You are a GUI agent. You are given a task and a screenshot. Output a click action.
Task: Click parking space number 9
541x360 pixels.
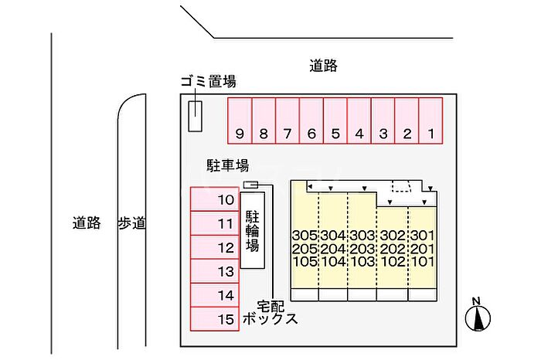pos(240,121)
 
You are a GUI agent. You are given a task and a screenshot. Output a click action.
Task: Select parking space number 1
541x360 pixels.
pos(430,121)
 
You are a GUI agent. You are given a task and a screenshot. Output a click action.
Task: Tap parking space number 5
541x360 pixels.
pos(335,121)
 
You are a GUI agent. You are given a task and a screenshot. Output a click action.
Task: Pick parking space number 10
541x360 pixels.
pos(215,199)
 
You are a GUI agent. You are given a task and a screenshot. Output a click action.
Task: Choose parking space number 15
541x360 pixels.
pos(215,319)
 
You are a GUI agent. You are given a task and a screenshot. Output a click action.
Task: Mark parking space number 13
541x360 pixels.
pos(215,271)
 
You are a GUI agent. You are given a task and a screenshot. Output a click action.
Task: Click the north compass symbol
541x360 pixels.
pos(478,315)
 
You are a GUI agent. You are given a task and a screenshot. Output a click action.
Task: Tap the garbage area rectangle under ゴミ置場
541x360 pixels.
pos(195,116)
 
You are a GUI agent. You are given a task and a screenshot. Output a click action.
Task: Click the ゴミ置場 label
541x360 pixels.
pos(209,82)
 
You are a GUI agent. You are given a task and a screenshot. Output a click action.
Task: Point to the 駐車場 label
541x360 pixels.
pos(228,165)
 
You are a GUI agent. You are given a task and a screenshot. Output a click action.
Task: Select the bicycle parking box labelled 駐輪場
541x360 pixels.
pos(252,230)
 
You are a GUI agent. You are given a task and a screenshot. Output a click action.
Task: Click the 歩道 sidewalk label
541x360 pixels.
pos(132,223)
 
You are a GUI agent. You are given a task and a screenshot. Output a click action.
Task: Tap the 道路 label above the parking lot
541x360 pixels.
pos(323,66)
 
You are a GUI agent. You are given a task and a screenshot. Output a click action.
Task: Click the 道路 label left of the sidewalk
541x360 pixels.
pos(87,222)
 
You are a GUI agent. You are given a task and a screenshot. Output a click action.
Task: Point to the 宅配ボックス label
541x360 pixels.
pos(270,313)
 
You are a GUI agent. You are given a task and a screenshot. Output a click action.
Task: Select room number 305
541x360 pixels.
pos(305,236)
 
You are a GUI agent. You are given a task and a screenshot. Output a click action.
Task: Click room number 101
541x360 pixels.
pos(423,261)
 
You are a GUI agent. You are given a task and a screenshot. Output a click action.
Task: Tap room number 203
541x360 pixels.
pos(362,249)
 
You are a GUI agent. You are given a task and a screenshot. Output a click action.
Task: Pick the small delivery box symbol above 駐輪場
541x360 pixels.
pos(251,185)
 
